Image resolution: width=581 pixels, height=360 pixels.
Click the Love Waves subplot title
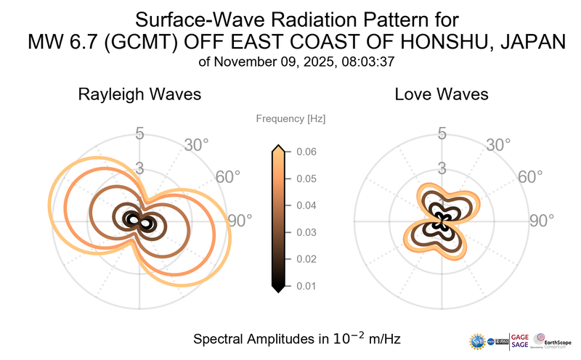point(441,94)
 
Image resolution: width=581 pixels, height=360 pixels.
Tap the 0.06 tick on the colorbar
point(305,152)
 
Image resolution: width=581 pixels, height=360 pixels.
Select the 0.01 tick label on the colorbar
point(305,286)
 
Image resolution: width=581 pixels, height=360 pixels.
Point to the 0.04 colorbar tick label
point(305,206)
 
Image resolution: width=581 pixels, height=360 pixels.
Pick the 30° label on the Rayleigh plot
point(197,144)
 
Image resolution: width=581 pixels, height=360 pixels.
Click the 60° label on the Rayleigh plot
point(229,177)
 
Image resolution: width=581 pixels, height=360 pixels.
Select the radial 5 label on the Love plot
point(441,134)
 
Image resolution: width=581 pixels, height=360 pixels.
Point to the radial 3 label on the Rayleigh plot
point(139,168)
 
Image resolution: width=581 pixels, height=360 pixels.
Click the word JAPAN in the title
point(530,44)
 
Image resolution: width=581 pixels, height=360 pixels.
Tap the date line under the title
point(296,62)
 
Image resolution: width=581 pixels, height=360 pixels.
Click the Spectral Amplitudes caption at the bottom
point(296,338)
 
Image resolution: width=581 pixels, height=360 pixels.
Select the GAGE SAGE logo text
point(520,340)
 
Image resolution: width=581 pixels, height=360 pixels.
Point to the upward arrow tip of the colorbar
point(277,148)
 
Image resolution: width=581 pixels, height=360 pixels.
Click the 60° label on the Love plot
point(530,177)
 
